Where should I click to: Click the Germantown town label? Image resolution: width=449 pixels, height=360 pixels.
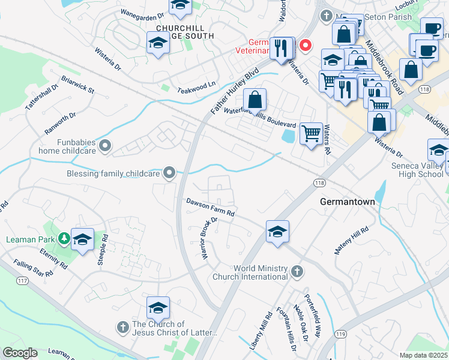pyautogui.click(x=348, y=202)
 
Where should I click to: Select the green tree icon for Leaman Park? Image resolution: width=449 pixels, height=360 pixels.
pyautogui.click(x=64, y=239)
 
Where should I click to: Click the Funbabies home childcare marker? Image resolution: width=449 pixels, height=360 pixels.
pyautogui.click(x=106, y=145)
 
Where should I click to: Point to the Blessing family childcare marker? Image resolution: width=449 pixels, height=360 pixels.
pyautogui.click(x=169, y=173)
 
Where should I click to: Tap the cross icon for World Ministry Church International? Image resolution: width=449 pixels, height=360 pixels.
pyautogui.click(x=296, y=272)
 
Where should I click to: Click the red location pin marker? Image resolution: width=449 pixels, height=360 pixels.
pyautogui.click(x=306, y=44)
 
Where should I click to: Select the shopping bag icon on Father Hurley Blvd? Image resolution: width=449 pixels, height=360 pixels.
pyautogui.click(x=255, y=99)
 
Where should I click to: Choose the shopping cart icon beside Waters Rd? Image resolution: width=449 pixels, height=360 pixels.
pyautogui.click(x=310, y=133)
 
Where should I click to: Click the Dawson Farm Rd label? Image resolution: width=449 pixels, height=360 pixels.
pyautogui.click(x=210, y=208)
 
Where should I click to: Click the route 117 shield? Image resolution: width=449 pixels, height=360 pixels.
pyautogui.click(x=23, y=280)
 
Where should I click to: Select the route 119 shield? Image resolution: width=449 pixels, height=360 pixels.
pyautogui.click(x=341, y=334)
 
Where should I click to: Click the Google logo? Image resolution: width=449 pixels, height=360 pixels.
pyautogui.click(x=20, y=353)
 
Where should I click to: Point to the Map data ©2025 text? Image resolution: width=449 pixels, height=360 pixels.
pyautogui.click(x=423, y=355)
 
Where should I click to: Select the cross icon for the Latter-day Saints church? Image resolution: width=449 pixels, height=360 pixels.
pyautogui.click(x=122, y=327)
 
